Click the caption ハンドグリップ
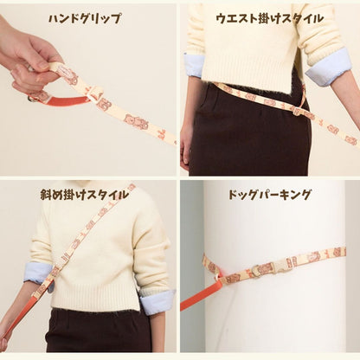(84, 18)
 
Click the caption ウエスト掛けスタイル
(270, 18)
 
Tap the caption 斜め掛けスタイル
(84, 195)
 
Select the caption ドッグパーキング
(270, 195)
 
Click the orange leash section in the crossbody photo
(17, 316)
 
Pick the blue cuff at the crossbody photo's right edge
(157, 301)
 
